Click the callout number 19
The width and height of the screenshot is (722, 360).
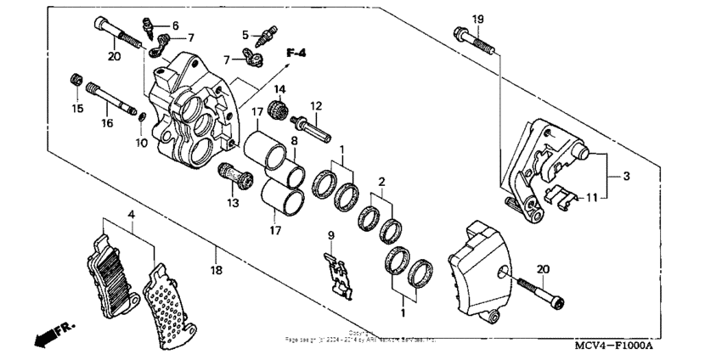477,20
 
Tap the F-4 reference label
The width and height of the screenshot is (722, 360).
296,53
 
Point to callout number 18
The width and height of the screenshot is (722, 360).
217,270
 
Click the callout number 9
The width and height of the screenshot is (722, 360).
331,234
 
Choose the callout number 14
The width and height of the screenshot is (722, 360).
279,90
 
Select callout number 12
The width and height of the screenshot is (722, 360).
315,106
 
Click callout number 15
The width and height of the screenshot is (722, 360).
77,108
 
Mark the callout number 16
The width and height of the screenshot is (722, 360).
107,123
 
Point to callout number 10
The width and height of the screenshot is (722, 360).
141,143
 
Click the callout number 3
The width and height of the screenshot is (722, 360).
626,177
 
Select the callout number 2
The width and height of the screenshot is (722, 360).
382,181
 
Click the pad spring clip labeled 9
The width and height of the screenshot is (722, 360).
338,273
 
